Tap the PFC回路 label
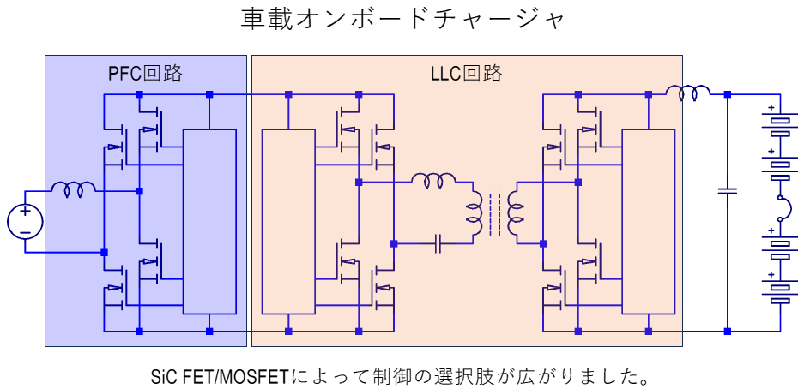[x=145, y=73]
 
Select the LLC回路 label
[x=466, y=73]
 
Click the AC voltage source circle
[x=25, y=221]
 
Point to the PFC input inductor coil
[x=73, y=189]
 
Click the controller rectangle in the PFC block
[x=209, y=221]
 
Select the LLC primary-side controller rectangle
[x=288, y=221]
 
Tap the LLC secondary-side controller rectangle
[x=649, y=221]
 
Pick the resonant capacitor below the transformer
[x=438, y=244]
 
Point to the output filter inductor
[x=689, y=92]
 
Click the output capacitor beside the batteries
[x=728, y=190]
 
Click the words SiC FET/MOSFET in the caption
[x=219, y=374]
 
